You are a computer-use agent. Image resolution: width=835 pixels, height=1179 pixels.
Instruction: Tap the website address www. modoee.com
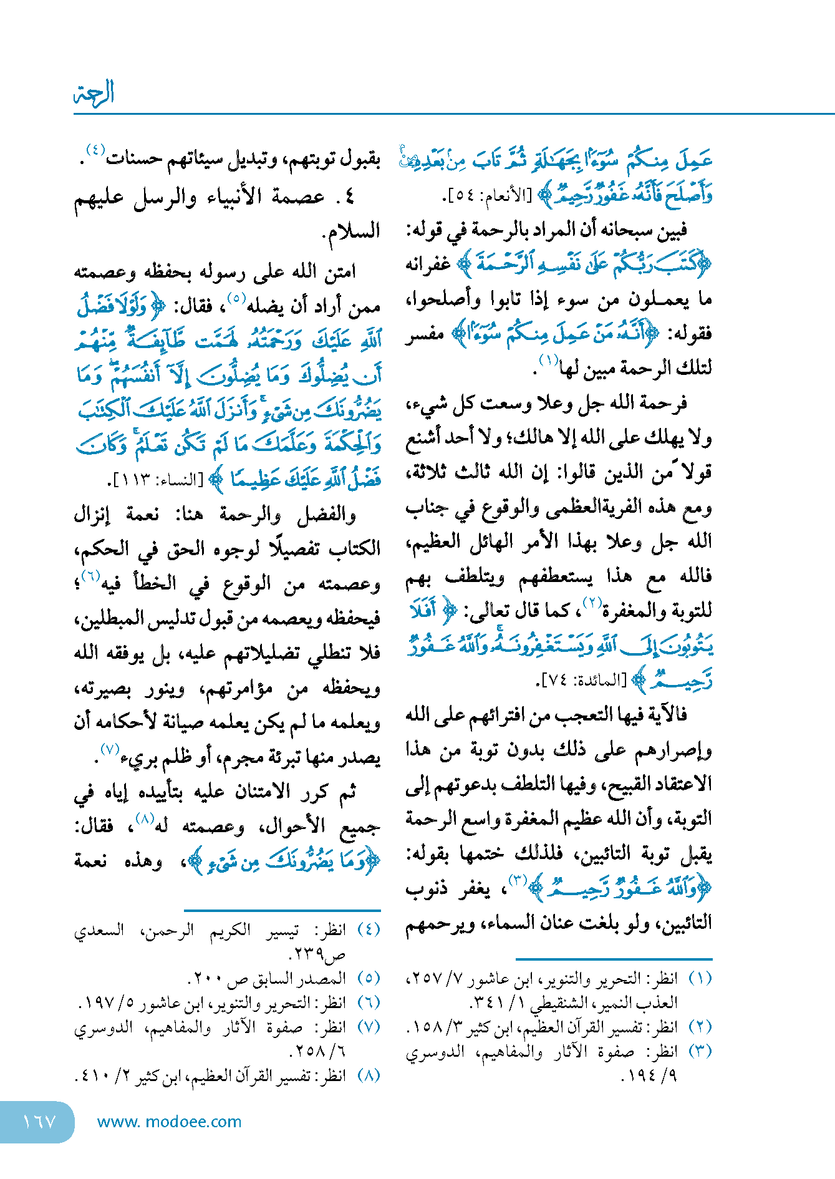click(169, 1121)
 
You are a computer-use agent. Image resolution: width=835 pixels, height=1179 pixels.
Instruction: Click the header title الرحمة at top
click(94, 93)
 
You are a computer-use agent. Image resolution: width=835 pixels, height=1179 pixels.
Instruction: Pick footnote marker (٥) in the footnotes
click(368, 978)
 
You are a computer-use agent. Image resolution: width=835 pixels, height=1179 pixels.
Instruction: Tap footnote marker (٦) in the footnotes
click(368, 1002)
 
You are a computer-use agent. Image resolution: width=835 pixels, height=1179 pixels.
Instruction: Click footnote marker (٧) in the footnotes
click(368, 1026)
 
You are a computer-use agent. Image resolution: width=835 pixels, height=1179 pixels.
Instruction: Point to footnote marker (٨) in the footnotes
click(368, 1075)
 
